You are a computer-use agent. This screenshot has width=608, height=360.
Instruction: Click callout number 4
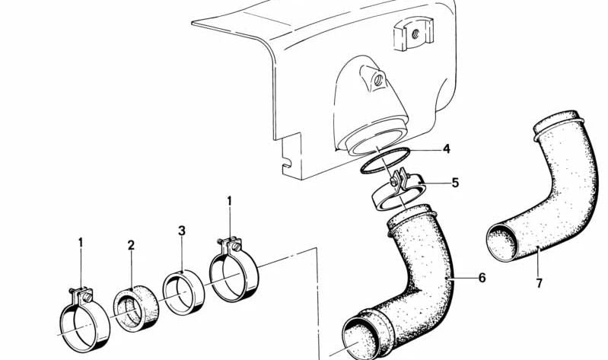pos(447,148)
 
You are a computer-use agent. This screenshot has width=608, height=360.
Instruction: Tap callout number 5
pos(455,183)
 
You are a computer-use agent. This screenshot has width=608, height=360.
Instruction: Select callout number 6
pos(481,278)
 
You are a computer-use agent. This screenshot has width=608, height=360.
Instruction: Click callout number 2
pos(131,245)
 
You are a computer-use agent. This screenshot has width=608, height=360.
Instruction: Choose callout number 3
pos(181,231)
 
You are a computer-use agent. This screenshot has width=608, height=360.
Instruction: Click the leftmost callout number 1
pos(81,243)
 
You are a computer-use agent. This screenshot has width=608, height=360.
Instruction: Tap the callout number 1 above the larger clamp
pos(229,201)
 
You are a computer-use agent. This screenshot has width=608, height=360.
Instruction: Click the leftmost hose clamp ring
pos(84,320)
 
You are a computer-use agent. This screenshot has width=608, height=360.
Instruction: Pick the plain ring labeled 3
pos(183,290)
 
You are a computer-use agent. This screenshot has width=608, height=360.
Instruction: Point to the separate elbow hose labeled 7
pos(548,190)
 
